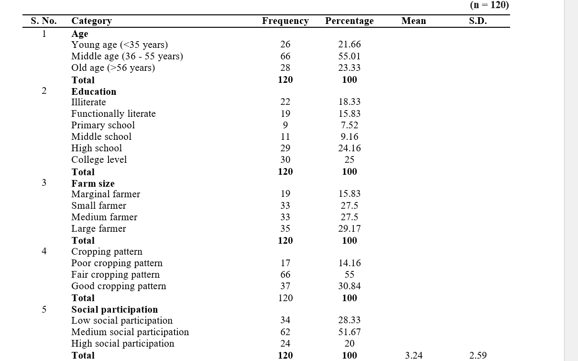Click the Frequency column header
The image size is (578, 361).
285,21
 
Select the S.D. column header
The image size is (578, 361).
478,21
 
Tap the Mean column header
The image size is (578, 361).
414,21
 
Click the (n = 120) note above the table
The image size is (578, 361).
490,5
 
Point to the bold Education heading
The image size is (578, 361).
94,91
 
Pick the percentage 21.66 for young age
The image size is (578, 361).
349,45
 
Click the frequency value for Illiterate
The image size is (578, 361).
285,102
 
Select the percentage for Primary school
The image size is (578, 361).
349,125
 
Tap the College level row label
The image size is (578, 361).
99,159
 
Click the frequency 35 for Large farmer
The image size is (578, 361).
285,229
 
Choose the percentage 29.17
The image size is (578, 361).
349,229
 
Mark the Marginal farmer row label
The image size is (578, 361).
106,194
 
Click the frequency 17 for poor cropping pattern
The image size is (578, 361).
285,263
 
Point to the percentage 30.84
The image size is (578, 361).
349,286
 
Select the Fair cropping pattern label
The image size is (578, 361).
115,275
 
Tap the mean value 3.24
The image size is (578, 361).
414,356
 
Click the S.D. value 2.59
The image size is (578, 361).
478,356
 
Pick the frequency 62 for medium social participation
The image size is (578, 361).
285,332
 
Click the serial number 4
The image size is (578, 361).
44,251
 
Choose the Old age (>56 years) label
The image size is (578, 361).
113,68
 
